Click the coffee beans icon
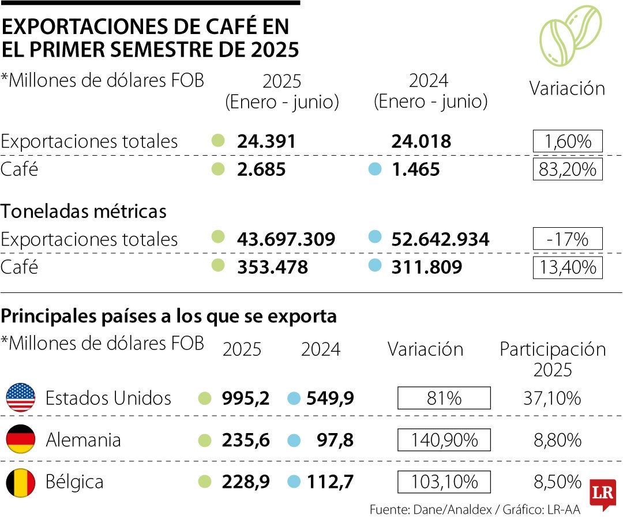click(570, 35)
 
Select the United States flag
click(21, 398)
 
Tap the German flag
click(21, 440)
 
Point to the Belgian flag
click(21, 482)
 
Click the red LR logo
click(602, 494)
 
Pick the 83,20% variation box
click(567, 170)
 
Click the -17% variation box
click(567, 239)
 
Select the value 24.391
click(267, 141)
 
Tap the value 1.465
click(415, 170)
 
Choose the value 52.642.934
click(440, 239)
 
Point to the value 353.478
click(272, 268)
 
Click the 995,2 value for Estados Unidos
click(246, 398)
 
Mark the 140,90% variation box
click(444, 440)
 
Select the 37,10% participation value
click(557, 398)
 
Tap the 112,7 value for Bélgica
click(331, 482)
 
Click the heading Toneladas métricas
click(84, 212)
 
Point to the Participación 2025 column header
click(552, 359)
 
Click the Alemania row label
click(83, 441)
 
